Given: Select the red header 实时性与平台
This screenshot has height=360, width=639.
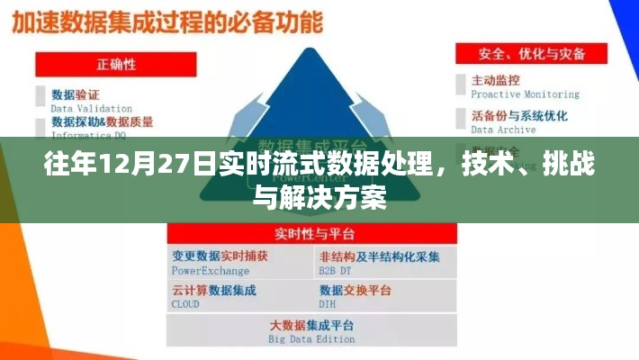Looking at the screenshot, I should click(x=311, y=233).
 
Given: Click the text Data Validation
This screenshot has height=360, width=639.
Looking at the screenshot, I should click(x=91, y=108).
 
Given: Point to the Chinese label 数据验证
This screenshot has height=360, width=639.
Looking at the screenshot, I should click(x=76, y=94).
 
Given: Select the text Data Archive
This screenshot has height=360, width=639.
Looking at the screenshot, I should click(x=503, y=129).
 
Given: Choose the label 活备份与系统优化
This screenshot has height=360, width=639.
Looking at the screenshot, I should click(x=519, y=115).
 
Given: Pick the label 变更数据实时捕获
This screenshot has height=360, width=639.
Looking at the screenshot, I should click(x=220, y=256).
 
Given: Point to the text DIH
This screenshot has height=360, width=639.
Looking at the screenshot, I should click(x=328, y=304).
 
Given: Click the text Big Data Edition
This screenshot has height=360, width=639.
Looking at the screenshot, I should click(x=311, y=338).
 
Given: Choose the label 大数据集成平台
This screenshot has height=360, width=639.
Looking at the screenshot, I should click(x=311, y=325).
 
